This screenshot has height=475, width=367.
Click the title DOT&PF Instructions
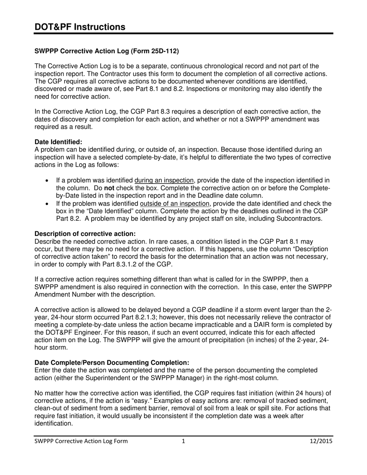80,27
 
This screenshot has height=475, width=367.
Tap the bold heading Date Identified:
58,142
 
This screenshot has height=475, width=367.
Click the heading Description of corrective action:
85,234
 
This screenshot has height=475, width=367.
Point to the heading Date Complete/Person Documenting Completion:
112,363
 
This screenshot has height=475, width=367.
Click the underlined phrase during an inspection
164,180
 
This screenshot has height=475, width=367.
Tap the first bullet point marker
47,181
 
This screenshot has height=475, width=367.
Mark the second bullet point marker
47,204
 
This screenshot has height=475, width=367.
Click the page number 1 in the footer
183,441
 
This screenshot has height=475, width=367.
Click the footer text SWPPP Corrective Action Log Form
81,441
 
